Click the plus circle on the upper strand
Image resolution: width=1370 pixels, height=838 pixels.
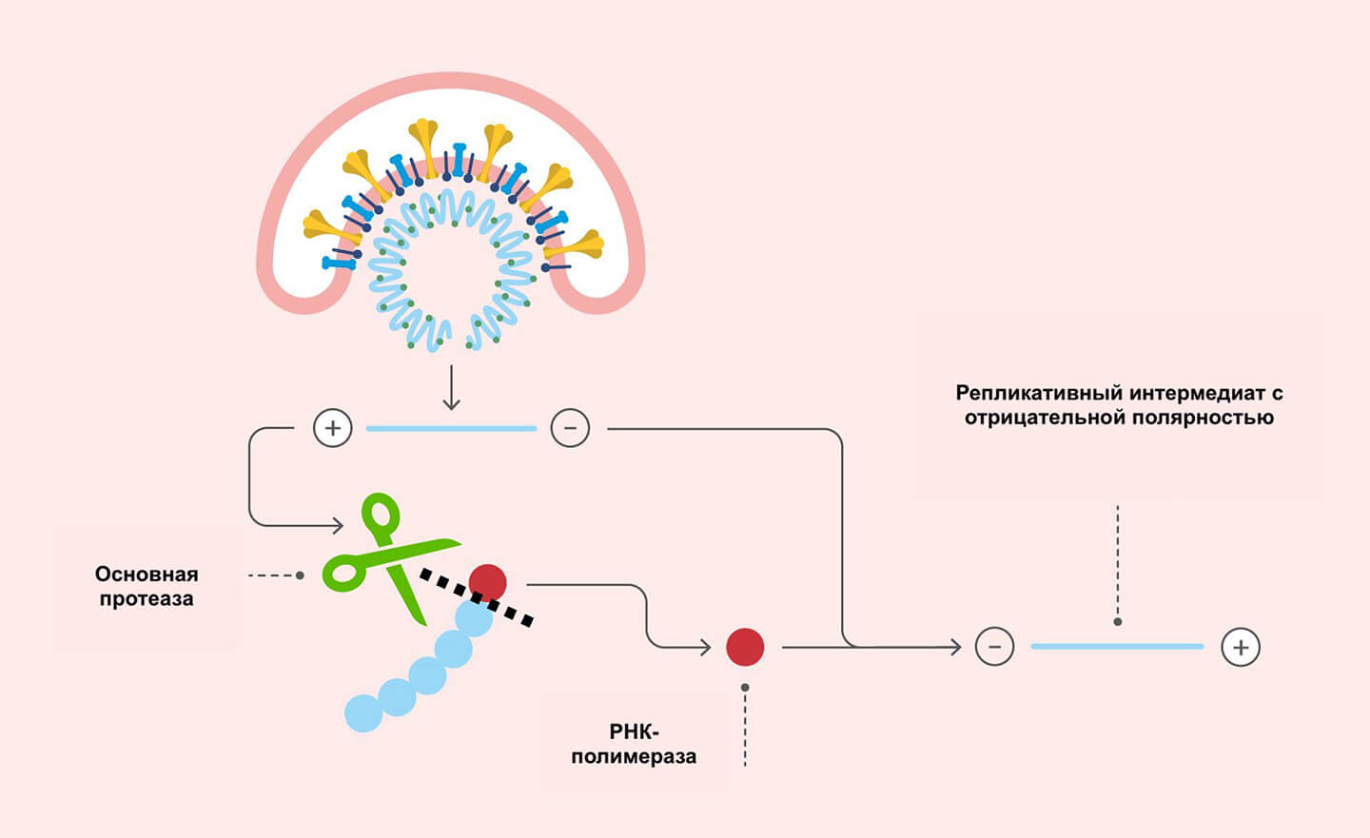tap(333, 428)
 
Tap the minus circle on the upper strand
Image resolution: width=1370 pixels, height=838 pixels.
tap(570, 428)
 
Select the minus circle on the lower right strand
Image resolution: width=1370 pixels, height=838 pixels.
tap(994, 647)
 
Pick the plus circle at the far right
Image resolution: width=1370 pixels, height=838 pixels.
tap(1241, 647)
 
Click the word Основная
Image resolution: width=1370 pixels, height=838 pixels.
tap(147, 575)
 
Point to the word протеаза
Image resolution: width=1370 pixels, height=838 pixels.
tap(147, 599)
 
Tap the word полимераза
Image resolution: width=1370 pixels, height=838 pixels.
tap(634, 757)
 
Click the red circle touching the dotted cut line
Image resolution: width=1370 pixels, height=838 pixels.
tap(487, 582)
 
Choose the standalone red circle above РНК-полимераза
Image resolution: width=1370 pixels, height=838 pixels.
tap(745, 647)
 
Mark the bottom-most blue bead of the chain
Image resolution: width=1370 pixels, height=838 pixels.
tap(362, 712)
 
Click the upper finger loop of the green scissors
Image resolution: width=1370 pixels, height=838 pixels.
tap(381, 514)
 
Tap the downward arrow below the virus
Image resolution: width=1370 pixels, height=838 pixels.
tap(451, 390)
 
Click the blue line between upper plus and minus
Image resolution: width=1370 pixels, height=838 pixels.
tap(451, 429)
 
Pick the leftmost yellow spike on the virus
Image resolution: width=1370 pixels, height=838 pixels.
tap(320, 227)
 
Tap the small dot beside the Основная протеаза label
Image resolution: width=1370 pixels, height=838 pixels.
tap(300, 575)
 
